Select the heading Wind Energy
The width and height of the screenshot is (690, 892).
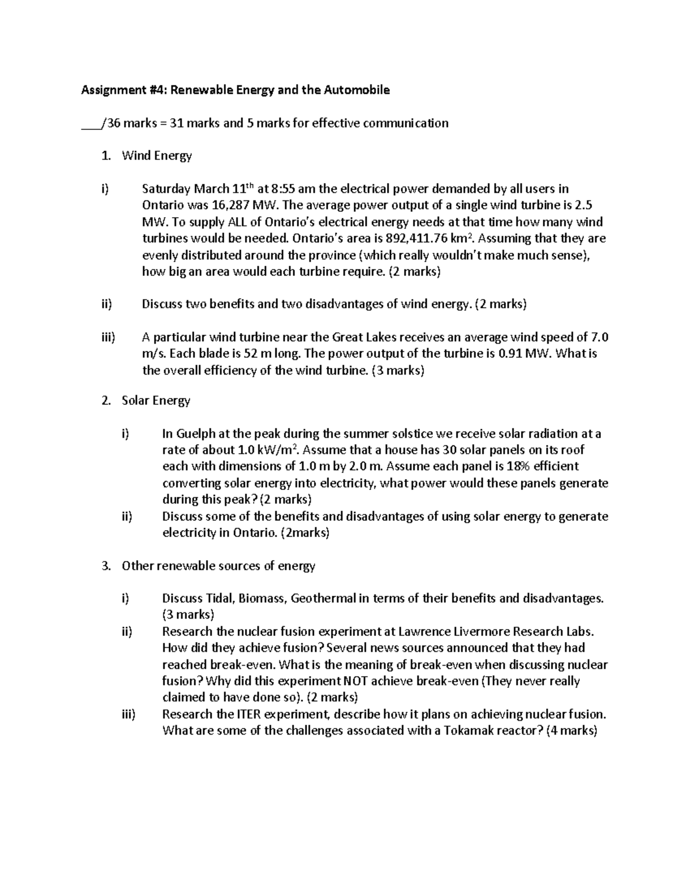pos(156,155)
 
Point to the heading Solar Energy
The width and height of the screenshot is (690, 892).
pos(156,400)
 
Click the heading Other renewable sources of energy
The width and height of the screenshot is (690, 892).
pos(218,566)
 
